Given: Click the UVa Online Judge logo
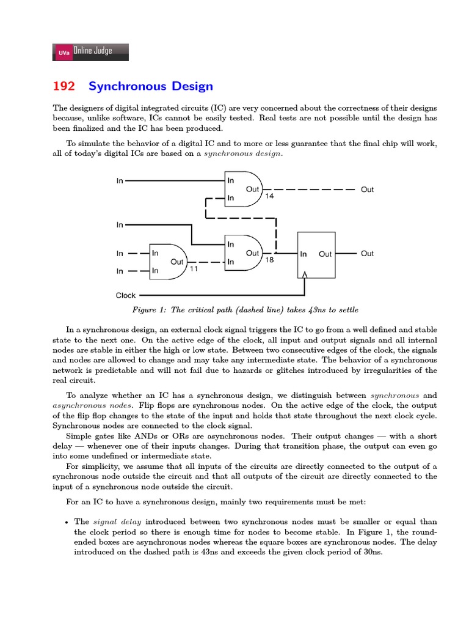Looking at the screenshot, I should click(91, 52).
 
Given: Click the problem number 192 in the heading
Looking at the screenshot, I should click(64, 87).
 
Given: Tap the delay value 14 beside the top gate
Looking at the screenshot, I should click(269, 196).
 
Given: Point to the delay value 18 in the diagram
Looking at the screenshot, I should click(269, 260).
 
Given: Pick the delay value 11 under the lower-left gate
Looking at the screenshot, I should click(194, 268).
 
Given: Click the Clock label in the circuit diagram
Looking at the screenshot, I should click(126, 295).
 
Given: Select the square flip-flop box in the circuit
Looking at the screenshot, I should click(316, 254).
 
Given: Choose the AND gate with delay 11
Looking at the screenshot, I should click(169, 262).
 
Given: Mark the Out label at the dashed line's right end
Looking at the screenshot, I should click(367, 190).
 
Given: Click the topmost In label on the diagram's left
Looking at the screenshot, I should click(120, 180).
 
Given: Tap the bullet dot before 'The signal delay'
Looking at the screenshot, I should click(66, 522).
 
